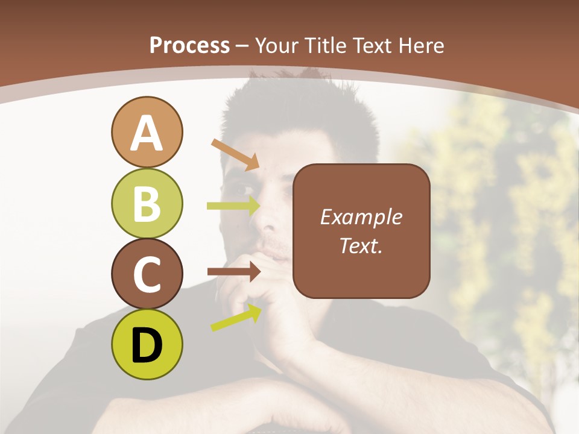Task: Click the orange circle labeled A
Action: tap(147, 132)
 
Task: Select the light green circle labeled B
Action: tap(147, 203)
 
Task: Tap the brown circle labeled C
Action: tap(147, 274)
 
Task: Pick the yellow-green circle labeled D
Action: tap(147, 345)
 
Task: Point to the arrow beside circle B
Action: tap(233, 206)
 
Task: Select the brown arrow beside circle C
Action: tap(233, 272)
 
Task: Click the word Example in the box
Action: tap(361, 217)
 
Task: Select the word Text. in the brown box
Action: tap(361, 245)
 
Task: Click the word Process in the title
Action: tap(189, 45)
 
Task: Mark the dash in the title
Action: tap(242, 46)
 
